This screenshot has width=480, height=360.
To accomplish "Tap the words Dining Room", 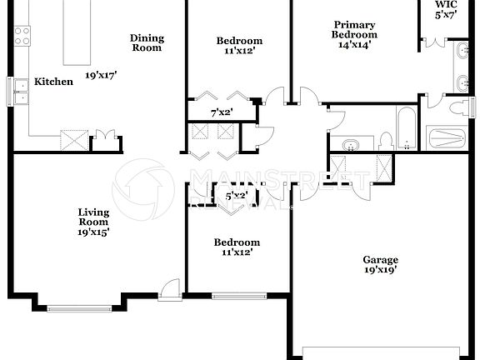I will pos(147,43).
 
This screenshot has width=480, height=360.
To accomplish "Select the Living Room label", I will pos(94,217).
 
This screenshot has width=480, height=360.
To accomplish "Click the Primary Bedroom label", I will pos(355,30).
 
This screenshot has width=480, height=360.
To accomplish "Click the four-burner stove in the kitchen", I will pos(22,36).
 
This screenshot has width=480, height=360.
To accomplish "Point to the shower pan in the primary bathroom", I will pos(451,137).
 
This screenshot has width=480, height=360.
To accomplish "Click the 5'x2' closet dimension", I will pos(237,197).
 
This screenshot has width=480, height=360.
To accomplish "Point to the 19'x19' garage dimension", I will pos(379,270).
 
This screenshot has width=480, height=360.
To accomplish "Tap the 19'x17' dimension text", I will pos(101,74).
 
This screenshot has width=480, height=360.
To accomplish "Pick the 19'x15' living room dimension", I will pos(94,232).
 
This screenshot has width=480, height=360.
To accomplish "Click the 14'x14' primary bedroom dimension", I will pos(355,46).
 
